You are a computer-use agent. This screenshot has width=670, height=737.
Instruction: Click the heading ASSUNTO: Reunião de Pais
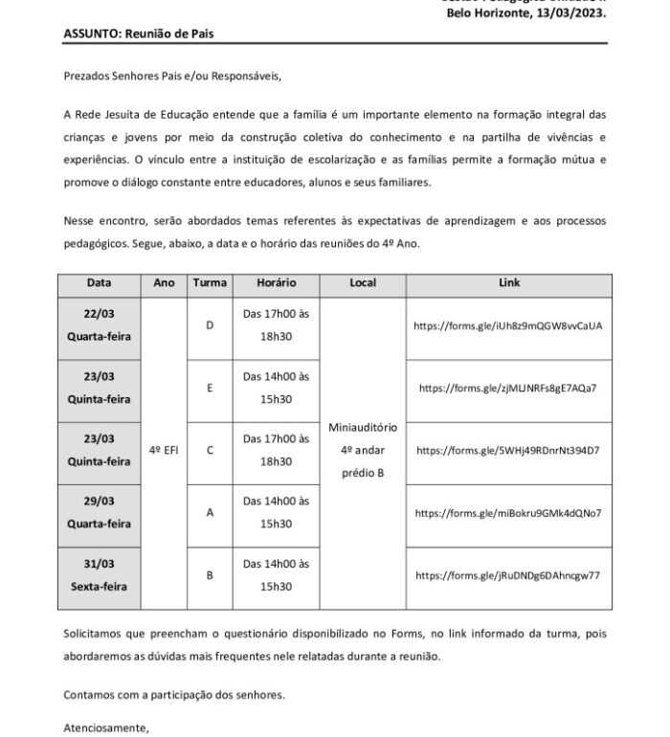coord(139,33)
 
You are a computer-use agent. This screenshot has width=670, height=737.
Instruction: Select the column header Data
coord(99,284)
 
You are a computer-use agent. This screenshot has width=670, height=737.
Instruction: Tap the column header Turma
coord(210,284)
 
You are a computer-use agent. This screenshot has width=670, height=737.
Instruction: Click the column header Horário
coord(276,284)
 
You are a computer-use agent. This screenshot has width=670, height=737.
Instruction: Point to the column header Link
coord(509,284)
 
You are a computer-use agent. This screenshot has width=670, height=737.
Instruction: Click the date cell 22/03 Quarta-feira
coord(99,326)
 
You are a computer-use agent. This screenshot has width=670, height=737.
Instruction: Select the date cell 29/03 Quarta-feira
coord(99,514)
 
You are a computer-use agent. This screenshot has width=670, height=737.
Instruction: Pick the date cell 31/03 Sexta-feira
coord(99,576)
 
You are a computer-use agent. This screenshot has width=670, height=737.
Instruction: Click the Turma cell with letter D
coord(210,326)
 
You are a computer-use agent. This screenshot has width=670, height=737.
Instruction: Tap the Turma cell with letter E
coord(210,389)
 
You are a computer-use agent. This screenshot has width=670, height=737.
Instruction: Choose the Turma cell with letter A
coord(210,513)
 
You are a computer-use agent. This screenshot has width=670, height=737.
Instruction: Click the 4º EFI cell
coord(164,450)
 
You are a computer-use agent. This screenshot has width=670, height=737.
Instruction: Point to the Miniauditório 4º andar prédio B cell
coord(362,450)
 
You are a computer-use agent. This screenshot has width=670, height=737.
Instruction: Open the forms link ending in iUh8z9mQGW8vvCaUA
coord(508,325)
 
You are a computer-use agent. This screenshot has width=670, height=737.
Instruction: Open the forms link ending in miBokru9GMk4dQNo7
coord(508,513)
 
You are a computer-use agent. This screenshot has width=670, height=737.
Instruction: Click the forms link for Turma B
coord(508,575)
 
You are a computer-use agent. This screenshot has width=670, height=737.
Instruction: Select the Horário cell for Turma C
coord(276,450)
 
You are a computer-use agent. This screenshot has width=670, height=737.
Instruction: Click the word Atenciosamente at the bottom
coord(106,727)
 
